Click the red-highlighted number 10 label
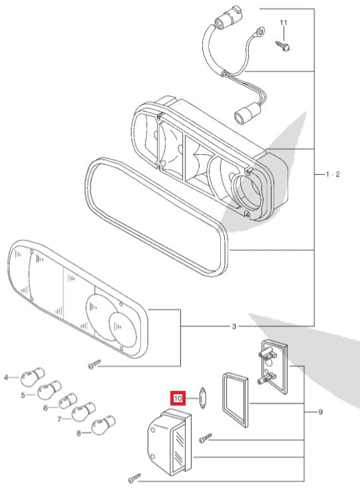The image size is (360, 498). [178, 398]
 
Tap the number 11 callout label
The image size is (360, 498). [283, 23]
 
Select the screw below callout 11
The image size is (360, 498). [282, 46]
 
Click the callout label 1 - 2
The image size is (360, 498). [333, 174]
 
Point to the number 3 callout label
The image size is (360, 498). [234, 326]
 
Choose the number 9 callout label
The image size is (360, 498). [320, 412]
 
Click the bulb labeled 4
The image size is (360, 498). [33, 377]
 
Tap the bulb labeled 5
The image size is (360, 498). [49, 390]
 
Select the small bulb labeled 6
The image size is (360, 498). [68, 401]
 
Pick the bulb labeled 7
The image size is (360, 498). [84, 412]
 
